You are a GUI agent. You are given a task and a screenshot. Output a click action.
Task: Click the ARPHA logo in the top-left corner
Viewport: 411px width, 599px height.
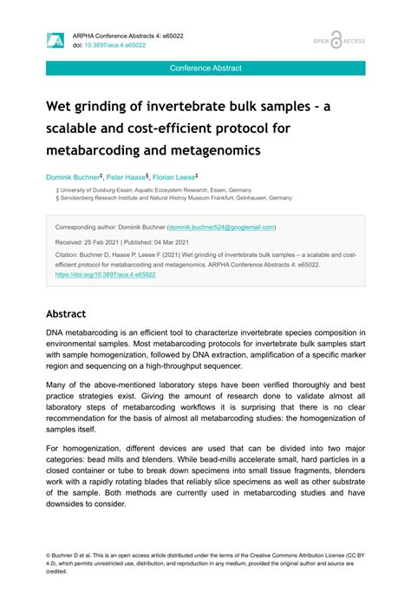click(x=55, y=39)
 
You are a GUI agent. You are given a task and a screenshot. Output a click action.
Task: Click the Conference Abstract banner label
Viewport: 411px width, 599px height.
click(x=205, y=68)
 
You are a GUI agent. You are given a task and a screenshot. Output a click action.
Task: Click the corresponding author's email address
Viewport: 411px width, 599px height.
click(x=222, y=227)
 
